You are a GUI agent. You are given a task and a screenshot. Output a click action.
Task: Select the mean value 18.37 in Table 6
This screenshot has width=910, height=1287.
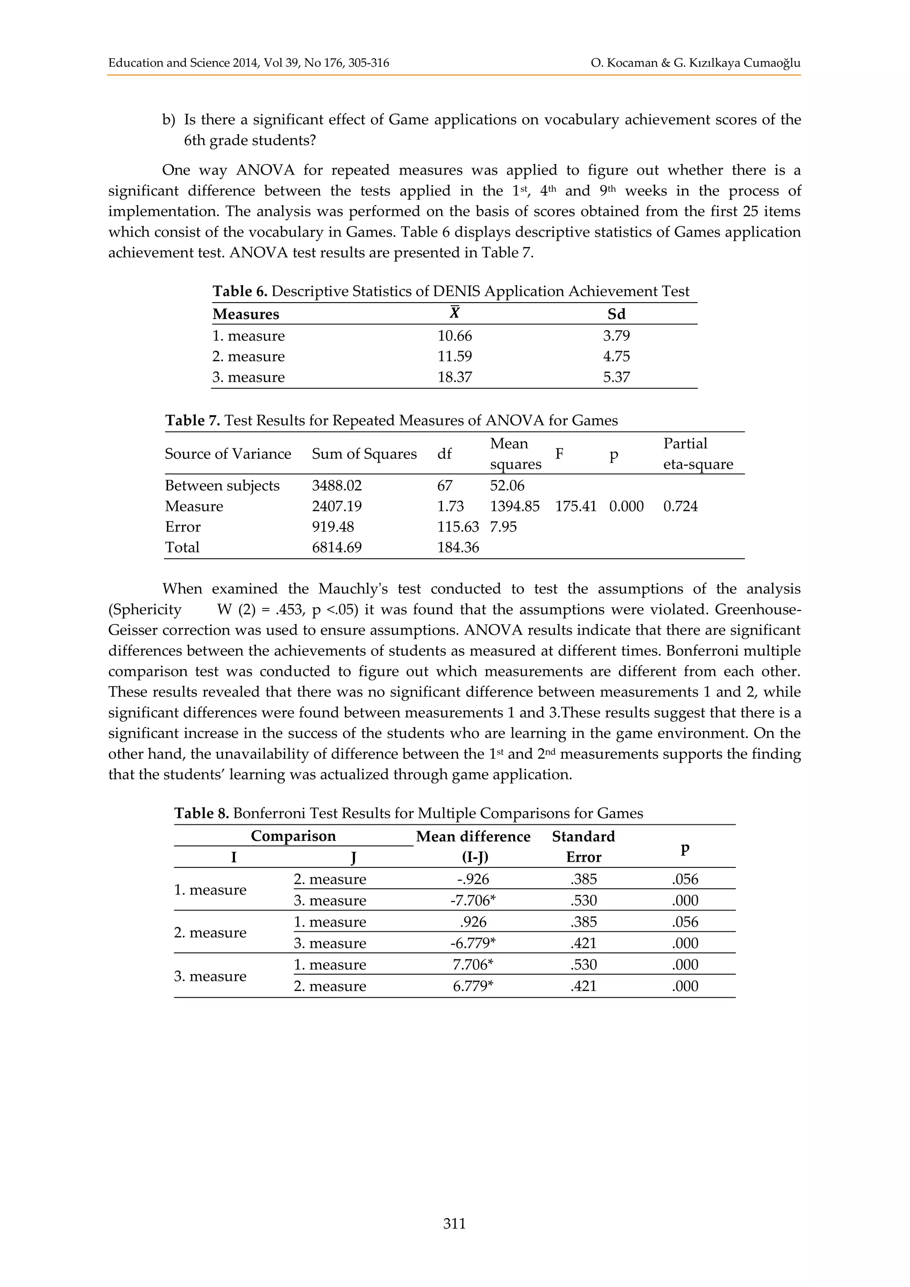(x=455, y=377)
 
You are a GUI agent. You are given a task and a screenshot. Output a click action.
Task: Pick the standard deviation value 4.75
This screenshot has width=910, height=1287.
(x=616, y=356)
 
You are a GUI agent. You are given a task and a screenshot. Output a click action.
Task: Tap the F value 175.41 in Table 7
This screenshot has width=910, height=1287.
(x=575, y=506)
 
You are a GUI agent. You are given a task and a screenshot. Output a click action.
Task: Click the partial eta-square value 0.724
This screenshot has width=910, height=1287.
(x=680, y=506)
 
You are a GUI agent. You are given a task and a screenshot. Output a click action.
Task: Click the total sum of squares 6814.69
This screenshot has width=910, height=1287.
(x=337, y=547)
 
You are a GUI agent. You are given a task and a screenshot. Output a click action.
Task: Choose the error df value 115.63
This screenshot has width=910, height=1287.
(x=458, y=527)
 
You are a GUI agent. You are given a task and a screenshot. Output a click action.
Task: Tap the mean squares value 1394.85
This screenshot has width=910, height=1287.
(x=515, y=506)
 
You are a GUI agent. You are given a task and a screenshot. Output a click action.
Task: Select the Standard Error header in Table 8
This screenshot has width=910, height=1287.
(x=583, y=847)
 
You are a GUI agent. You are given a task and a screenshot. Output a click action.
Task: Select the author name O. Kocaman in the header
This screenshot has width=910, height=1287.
(x=624, y=63)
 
